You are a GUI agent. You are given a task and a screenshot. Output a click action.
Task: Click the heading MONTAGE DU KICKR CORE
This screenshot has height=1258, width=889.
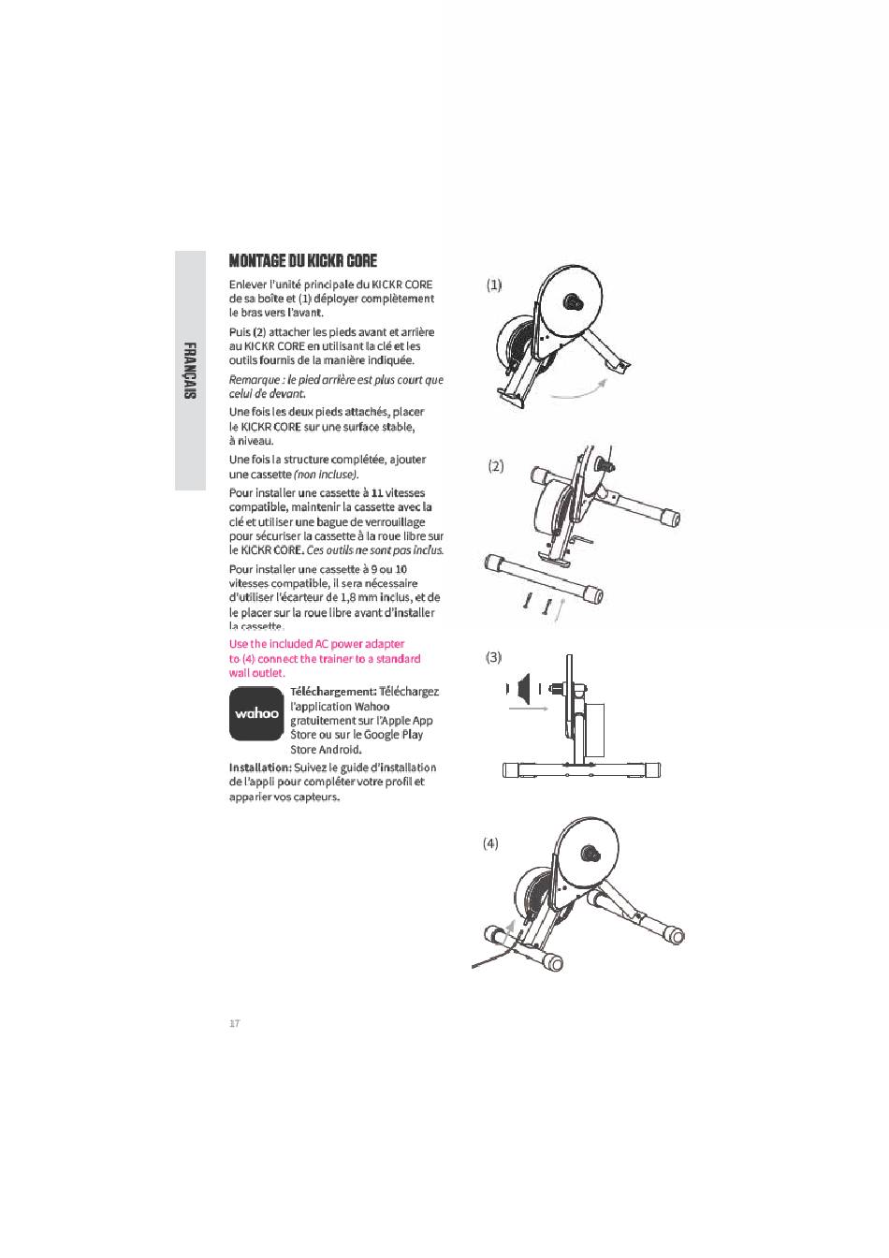(302, 261)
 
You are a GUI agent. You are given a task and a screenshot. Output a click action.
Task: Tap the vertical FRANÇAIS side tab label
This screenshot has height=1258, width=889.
(190, 371)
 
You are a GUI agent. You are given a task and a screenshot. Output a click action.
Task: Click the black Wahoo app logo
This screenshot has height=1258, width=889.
(256, 714)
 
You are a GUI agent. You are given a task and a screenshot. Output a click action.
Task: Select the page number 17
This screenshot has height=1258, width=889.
(235, 1023)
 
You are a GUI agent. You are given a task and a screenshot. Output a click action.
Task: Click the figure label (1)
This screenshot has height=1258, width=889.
(494, 285)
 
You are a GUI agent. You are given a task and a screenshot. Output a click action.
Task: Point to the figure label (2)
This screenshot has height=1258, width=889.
(496, 466)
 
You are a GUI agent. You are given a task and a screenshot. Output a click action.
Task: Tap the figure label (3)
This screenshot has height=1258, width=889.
(494, 657)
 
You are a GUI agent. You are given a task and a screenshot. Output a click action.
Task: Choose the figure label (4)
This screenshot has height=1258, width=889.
(490, 843)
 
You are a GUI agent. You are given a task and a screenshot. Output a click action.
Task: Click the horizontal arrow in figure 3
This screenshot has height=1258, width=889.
(528, 709)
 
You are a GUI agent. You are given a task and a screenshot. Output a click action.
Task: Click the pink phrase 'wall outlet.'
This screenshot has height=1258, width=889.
(256, 673)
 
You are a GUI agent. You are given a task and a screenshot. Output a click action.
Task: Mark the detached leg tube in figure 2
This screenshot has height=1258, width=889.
(544, 578)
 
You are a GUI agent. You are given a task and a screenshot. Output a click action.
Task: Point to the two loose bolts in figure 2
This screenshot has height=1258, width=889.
(537, 604)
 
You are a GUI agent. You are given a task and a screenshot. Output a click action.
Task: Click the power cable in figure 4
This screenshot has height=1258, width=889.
(494, 958)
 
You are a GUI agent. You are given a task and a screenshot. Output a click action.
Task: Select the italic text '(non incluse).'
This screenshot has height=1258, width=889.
(327, 475)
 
